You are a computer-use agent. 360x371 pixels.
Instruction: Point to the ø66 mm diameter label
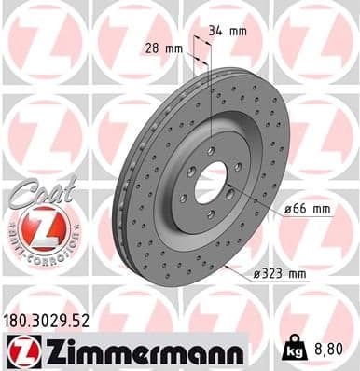[307, 211]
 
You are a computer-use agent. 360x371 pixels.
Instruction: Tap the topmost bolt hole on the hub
[212, 149]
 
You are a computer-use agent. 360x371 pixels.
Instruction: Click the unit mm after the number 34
[239, 30]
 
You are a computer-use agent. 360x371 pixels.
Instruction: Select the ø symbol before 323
[256, 273]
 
